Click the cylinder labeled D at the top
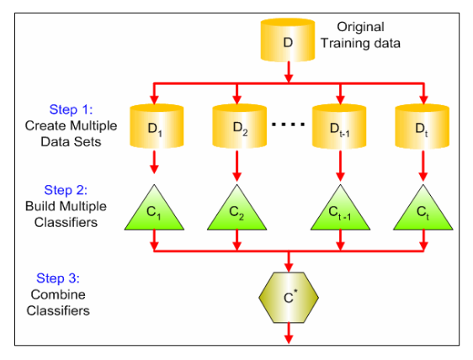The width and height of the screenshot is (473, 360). [x=288, y=40]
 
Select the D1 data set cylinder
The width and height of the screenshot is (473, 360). [x=157, y=126]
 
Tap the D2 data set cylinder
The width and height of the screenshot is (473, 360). [x=240, y=126]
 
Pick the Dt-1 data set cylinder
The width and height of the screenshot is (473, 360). [x=339, y=126]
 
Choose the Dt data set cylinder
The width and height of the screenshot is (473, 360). [x=422, y=126]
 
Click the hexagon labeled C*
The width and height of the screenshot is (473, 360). [x=289, y=298]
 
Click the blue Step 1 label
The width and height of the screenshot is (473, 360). [x=71, y=109]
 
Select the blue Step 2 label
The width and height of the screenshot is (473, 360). [x=66, y=190]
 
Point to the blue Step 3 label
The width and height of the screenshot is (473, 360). [x=58, y=278]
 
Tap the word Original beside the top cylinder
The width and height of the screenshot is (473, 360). [x=360, y=27]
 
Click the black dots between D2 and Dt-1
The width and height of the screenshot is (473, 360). [x=289, y=124]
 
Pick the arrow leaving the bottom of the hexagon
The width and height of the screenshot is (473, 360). [x=289, y=333]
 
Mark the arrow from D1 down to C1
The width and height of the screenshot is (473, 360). [x=154, y=162]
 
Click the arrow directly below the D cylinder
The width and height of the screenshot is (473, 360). [x=289, y=72]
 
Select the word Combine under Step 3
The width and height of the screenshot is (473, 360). [x=58, y=294]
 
